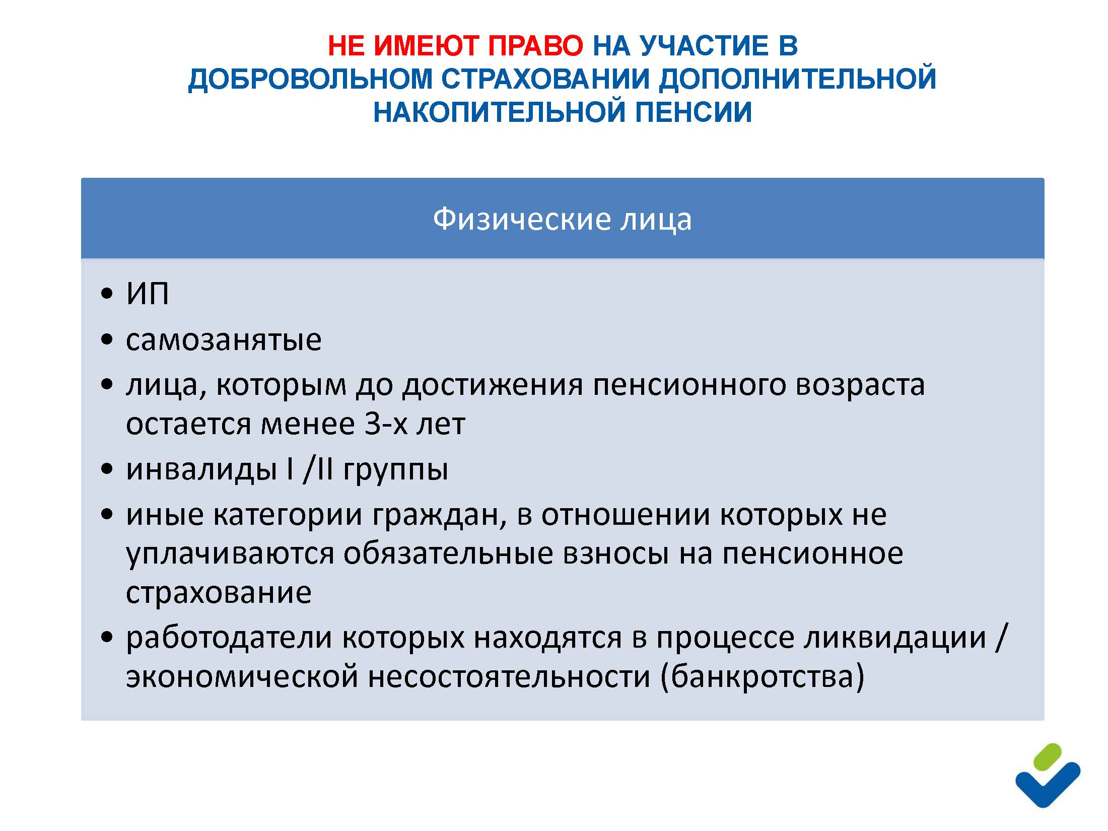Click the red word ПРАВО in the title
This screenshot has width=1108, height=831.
[535, 46]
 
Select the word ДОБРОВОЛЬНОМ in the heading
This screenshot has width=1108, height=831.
[310, 79]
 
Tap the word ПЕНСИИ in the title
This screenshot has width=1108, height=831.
[693, 112]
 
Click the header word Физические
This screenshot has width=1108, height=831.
[521, 219]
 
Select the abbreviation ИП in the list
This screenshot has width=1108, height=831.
[147, 293]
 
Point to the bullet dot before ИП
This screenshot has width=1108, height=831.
[107, 294]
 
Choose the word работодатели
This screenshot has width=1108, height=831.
[229, 638]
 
